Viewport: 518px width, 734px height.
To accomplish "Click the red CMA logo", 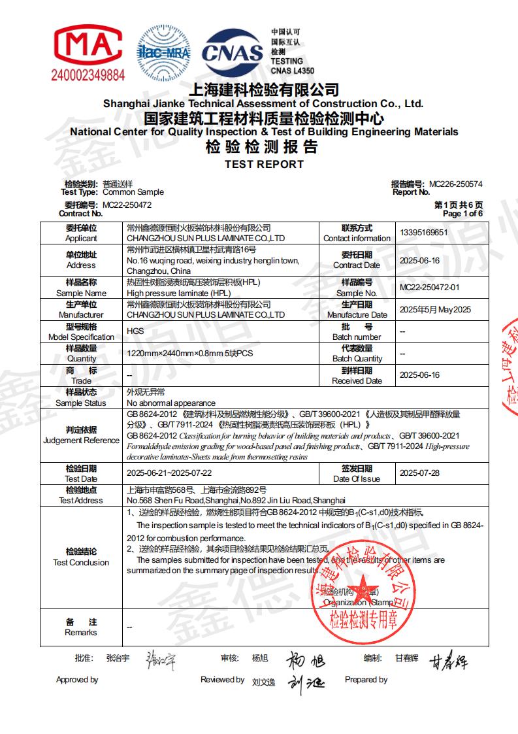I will (87, 45).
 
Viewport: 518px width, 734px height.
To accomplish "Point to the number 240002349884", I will (88, 76).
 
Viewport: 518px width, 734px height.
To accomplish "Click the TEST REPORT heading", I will (264, 165).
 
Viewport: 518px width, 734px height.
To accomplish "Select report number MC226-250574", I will (455, 184).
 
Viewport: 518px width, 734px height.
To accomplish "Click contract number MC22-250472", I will (127, 205).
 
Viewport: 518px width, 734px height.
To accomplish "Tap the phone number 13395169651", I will (423, 233).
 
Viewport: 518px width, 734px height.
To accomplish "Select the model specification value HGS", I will (135, 331).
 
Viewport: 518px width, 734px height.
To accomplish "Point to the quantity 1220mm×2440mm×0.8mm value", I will (189, 353).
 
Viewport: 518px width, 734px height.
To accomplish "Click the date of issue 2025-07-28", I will (419, 473).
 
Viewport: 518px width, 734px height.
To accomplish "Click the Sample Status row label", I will (81, 397).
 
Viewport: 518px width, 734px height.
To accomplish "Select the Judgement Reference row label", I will (81, 435).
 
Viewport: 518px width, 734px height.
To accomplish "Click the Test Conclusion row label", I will (81, 557).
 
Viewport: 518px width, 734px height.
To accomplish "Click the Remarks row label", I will (81, 627).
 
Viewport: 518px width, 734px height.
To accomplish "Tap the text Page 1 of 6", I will (462, 214).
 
